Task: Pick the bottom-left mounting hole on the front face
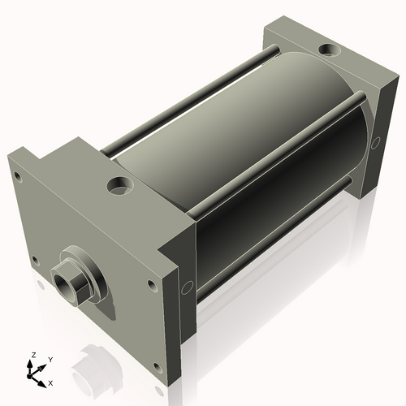point(34,260)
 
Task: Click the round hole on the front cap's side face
point(187,286)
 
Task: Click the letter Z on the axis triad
point(33,355)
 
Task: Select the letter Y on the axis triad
point(50,360)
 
